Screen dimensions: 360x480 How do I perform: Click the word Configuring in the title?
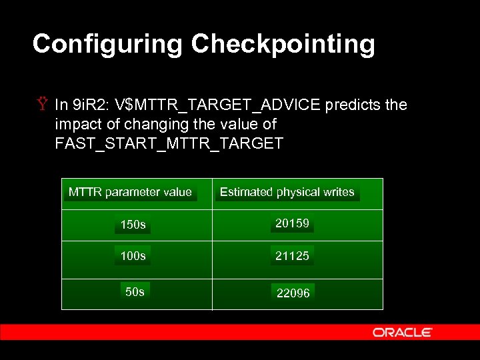click(x=107, y=45)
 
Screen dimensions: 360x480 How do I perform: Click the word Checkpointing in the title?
click(x=283, y=45)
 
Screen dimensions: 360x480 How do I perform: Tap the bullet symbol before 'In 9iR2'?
click(x=43, y=105)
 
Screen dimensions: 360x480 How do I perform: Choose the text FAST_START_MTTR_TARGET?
click(x=169, y=143)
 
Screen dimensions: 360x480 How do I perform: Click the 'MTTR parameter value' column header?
click(x=130, y=192)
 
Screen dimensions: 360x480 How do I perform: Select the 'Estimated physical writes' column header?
click(x=287, y=192)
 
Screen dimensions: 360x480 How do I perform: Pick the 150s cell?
click(x=133, y=225)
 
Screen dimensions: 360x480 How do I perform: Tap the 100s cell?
click(x=133, y=255)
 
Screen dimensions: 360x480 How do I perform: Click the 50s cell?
click(x=135, y=292)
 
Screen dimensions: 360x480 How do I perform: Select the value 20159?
click(x=293, y=223)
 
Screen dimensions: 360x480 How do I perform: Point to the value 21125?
click(x=293, y=255)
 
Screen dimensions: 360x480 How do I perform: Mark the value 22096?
click(x=293, y=293)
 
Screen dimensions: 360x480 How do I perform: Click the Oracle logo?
click(x=403, y=332)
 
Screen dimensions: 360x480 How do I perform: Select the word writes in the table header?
click(x=339, y=192)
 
